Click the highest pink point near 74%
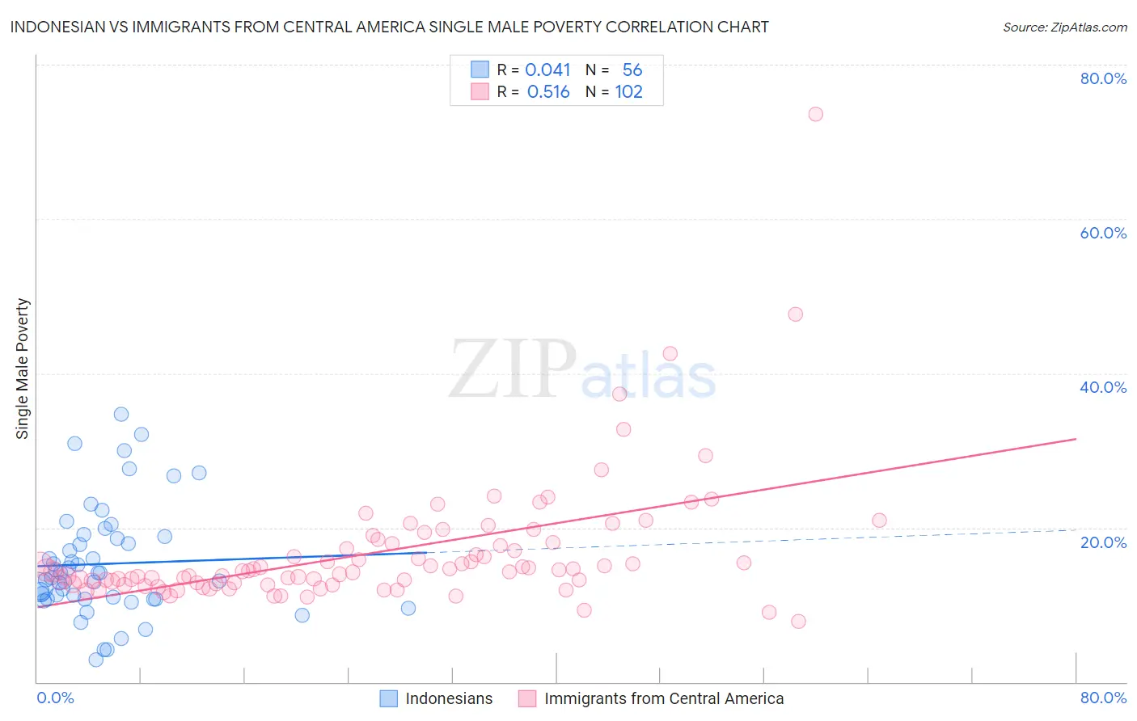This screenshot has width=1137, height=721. click(x=815, y=114)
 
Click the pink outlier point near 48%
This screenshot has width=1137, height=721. click(x=795, y=314)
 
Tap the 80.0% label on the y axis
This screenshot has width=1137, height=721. click(x=1103, y=78)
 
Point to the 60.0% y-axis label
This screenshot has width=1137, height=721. click(x=1103, y=233)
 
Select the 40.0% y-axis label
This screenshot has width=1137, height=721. click(x=1103, y=387)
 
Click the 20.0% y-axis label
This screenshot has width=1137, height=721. click(x=1103, y=542)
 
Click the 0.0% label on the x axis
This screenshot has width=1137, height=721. click(x=55, y=698)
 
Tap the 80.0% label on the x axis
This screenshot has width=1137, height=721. click(x=1103, y=698)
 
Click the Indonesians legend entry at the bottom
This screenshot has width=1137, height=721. click(x=449, y=698)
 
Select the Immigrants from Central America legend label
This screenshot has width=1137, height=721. click(x=664, y=698)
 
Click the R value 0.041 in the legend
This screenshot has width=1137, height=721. click(x=547, y=70)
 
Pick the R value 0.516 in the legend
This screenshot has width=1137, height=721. click(x=548, y=92)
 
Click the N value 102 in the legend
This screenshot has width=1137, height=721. click(x=628, y=92)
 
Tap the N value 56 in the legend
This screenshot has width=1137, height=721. click(x=632, y=70)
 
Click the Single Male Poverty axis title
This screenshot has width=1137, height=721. click(x=23, y=369)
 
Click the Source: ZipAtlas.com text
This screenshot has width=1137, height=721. click(x=1064, y=27)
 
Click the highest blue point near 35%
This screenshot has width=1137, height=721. click(x=121, y=414)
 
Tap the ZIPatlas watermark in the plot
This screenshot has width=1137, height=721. click(x=582, y=369)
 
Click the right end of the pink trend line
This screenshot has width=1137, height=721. click(x=1076, y=439)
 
